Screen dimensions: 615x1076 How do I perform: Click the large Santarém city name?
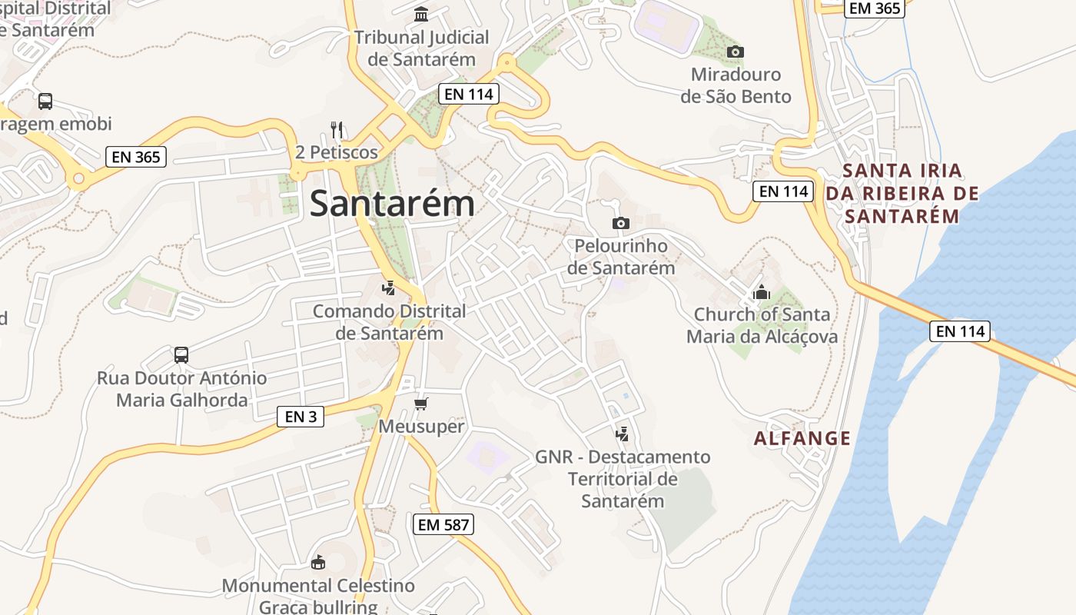tap(392, 204)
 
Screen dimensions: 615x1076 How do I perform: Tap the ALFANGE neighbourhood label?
tap(802, 438)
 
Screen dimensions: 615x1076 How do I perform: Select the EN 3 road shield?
tap(300, 417)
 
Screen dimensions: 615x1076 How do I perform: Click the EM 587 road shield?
tap(443, 525)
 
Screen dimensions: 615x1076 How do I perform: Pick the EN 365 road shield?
tap(135, 157)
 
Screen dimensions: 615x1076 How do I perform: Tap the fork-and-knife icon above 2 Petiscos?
tap(336, 129)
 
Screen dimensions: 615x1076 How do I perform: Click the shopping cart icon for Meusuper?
tap(420, 404)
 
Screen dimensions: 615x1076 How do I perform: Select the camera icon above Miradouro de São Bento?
tap(736, 52)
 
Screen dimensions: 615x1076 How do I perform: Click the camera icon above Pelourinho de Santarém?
tap(620, 224)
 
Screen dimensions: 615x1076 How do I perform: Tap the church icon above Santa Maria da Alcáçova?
tap(762, 292)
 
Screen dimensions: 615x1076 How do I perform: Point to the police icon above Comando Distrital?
tap(389, 289)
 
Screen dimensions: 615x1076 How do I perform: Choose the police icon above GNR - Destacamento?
tap(623, 434)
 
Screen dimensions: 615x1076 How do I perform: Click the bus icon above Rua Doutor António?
tap(181, 355)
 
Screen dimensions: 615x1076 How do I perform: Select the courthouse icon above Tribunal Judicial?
tap(421, 15)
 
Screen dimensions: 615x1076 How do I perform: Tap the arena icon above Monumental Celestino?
tap(317, 563)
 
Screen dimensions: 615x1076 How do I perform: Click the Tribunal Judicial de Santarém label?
tap(421, 48)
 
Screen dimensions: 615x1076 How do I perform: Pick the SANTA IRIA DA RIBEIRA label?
tap(902, 193)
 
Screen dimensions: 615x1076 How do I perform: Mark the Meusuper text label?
tap(422, 427)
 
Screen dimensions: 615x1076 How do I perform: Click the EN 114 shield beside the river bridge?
tap(959, 331)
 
